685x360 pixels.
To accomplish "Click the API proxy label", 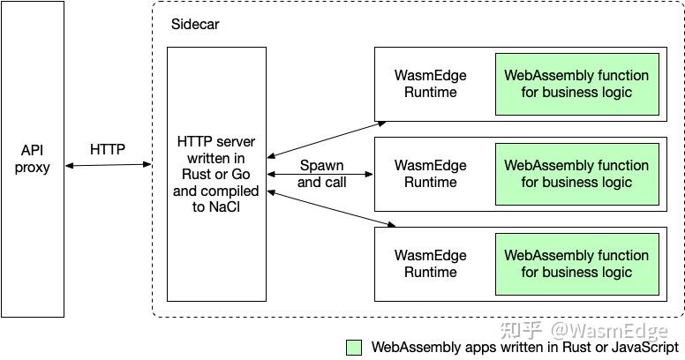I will tap(33, 158).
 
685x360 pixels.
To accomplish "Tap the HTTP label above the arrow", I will tap(108, 149).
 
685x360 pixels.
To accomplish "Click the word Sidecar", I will tap(194, 25).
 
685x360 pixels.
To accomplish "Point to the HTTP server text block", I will tap(216, 174).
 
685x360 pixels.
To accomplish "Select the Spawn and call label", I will tap(321, 174).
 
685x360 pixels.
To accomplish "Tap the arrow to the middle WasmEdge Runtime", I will tap(321, 174).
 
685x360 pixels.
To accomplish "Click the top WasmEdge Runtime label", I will tap(430, 84).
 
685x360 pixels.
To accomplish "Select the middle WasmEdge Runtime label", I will tap(430, 174).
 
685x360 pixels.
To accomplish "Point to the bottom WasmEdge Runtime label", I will tap(430, 264).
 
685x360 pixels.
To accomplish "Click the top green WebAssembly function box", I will tap(576, 84).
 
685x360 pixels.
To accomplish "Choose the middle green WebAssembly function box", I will tap(576, 174).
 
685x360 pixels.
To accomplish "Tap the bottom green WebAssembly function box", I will tap(576, 264).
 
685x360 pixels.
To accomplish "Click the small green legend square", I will tap(354, 348).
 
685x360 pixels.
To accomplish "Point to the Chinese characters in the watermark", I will tap(521, 331).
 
